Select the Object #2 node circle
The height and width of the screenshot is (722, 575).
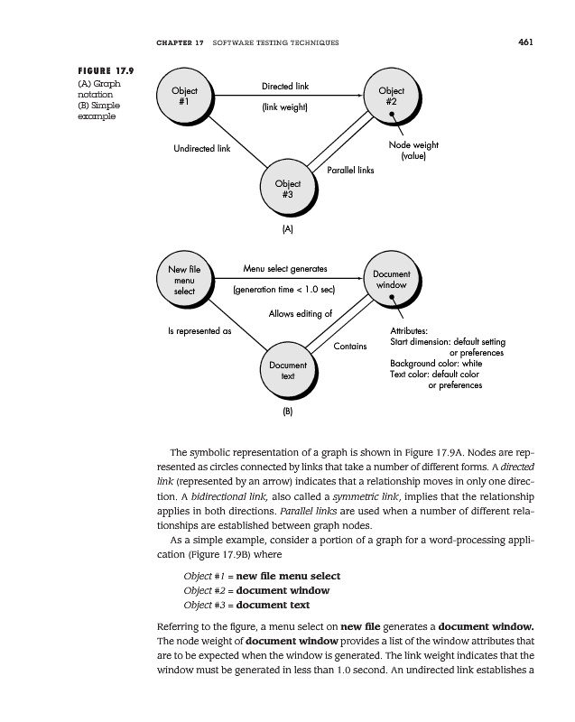[x=391, y=97]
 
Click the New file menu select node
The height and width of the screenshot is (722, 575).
[x=184, y=279]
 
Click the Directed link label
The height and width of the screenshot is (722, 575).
[x=285, y=87]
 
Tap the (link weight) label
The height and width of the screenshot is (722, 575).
[x=285, y=108]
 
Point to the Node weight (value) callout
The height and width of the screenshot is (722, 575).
[x=413, y=150]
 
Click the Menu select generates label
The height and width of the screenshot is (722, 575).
[x=285, y=268]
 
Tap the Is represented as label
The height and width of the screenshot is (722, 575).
[x=199, y=331]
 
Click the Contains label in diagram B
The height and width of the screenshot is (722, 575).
[x=350, y=346]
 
